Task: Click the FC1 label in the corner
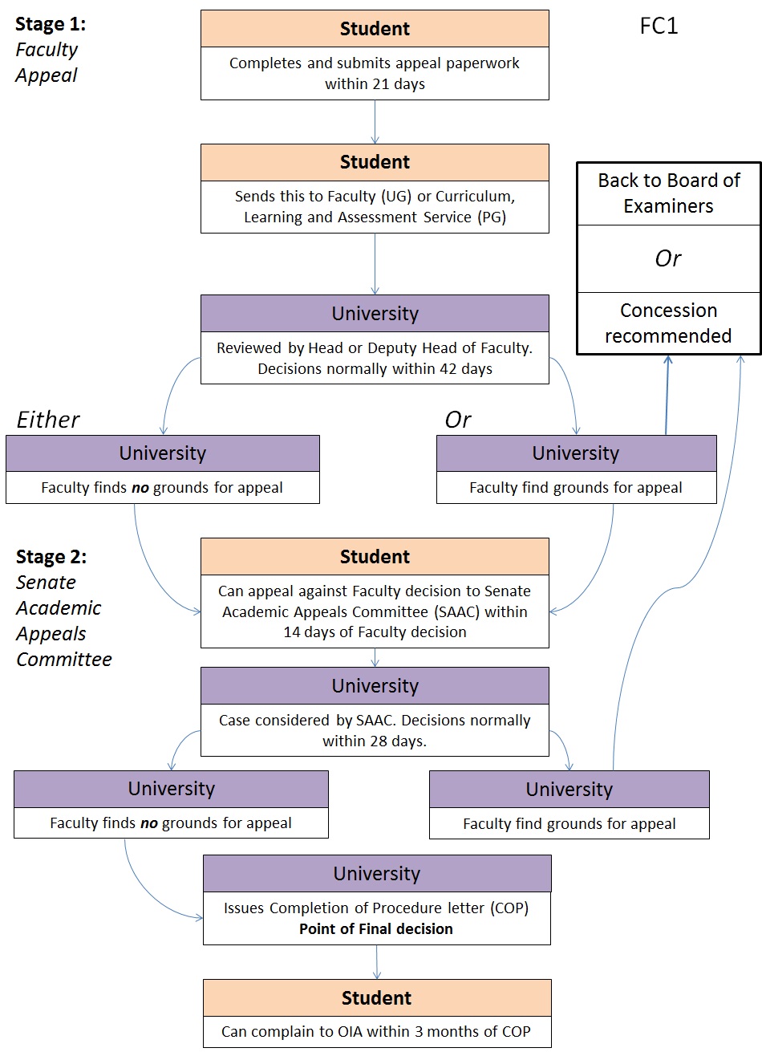click(x=659, y=26)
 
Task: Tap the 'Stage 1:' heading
click(x=51, y=24)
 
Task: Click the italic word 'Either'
click(x=48, y=420)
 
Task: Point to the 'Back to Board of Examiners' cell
click(x=668, y=193)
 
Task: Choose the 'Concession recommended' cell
click(x=668, y=323)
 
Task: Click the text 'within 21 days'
click(x=375, y=84)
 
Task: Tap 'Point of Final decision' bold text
click(x=376, y=929)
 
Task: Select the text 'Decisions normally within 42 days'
click(x=375, y=369)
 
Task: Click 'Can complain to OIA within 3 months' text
click(x=376, y=1032)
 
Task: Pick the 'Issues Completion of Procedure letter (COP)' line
click(x=376, y=908)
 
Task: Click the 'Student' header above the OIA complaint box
click(x=376, y=998)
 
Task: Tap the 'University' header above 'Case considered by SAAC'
click(x=375, y=686)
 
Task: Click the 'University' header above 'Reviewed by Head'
click(x=375, y=314)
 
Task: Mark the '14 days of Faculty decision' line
click(x=375, y=632)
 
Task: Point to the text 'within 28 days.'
click(x=375, y=741)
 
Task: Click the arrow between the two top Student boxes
click(x=375, y=122)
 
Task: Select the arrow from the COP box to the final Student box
click(x=376, y=961)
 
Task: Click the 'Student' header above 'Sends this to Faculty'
click(x=375, y=162)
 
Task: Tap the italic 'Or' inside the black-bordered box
click(x=668, y=258)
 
